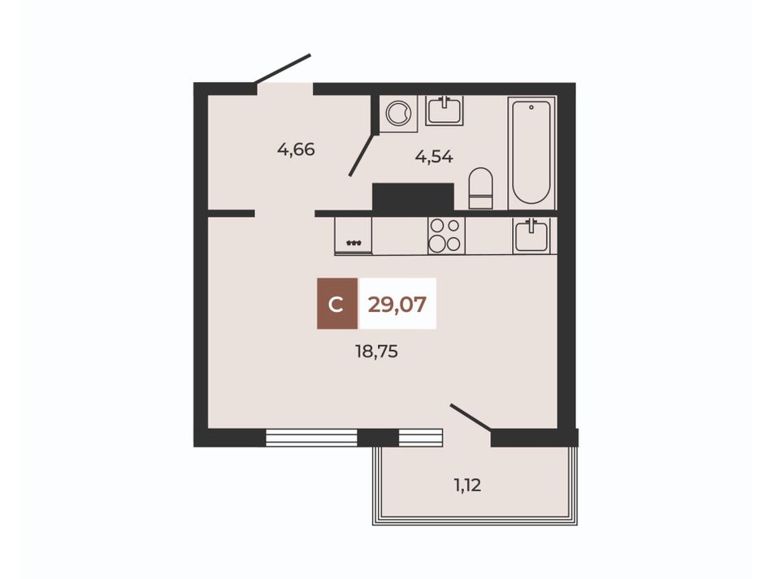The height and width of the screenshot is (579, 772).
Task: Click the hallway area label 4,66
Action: [x=296, y=149]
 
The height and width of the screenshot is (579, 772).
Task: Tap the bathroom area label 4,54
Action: [x=434, y=157]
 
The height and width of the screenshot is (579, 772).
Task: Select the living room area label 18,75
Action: [x=376, y=352]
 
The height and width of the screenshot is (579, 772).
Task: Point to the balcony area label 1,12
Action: [x=467, y=486]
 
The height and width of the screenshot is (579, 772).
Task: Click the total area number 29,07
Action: [x=397, y=305]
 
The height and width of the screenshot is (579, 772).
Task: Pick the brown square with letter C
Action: [x=337, y=304]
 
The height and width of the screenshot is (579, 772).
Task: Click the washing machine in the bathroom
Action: [x=398, y=114]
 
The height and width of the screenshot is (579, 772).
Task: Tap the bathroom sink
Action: [x=445, y=110]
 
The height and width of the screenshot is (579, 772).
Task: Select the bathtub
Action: [x=531, y=153]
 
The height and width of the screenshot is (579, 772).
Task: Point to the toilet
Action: [x=480, y=188]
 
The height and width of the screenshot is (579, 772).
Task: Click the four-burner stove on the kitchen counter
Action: [x=446, y=235]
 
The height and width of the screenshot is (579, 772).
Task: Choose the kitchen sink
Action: [x=531, y=235]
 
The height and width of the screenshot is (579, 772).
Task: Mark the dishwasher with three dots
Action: [x=353, y=235]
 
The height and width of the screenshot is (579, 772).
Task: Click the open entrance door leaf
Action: [x=283, y=68]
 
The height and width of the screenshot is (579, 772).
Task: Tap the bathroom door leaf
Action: [x=362, y=154]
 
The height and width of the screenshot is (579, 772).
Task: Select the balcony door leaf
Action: [x=471, y=417]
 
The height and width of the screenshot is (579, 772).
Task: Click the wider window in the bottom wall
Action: [x=311, y=438]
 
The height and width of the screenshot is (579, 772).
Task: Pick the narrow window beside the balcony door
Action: [x=420, y=438]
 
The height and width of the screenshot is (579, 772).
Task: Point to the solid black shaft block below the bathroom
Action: [x=413, y=198]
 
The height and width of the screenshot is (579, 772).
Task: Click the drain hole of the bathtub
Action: [x=531, y=106]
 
